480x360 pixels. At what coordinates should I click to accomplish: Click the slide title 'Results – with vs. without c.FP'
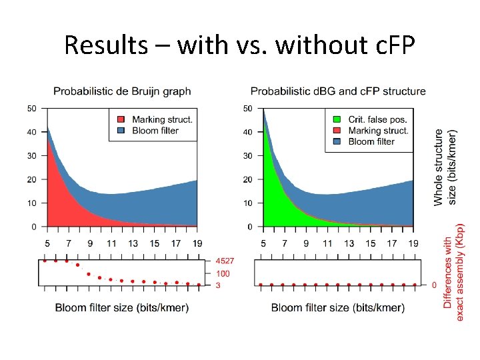(239, 45)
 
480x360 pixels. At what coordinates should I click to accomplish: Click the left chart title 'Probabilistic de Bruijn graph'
(122, 91)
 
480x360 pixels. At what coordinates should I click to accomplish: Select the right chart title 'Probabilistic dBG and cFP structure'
(338, 91)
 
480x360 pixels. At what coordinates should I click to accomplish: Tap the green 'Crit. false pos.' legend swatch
(337, 120)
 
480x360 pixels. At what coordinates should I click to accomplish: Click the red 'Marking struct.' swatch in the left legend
(121, 120)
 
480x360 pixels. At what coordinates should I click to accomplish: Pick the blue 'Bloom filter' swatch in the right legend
(337, 141)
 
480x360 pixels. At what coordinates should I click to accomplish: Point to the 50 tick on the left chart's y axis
(32, 108)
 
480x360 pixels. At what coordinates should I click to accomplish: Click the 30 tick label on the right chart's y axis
(247, 155)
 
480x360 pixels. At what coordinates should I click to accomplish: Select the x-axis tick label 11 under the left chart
(111, 243)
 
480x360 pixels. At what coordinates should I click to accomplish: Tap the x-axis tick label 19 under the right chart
(413, 243)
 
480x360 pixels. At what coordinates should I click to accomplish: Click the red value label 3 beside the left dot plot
(217, 285)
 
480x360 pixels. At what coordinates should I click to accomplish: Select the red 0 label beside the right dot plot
(434, 285)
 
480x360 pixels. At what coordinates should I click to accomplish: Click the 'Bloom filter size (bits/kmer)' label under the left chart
(122, 307)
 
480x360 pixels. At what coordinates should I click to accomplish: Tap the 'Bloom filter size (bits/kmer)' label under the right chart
(338, 307)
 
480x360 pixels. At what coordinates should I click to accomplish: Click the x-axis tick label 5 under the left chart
(47, 243)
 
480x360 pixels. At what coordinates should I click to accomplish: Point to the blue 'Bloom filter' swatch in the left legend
(121, 131)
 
